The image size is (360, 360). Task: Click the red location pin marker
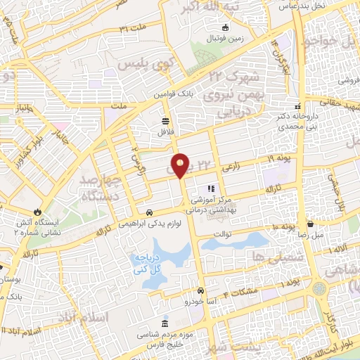coord(181,165)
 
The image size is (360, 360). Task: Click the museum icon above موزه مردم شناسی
coord(165,324)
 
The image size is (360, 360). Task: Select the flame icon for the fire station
coord(37,211)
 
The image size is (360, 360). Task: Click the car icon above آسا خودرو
coord(200,290)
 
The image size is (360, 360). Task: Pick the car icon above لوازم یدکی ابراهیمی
coord(150,212)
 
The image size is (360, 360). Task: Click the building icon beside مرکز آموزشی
coord(209,189)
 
